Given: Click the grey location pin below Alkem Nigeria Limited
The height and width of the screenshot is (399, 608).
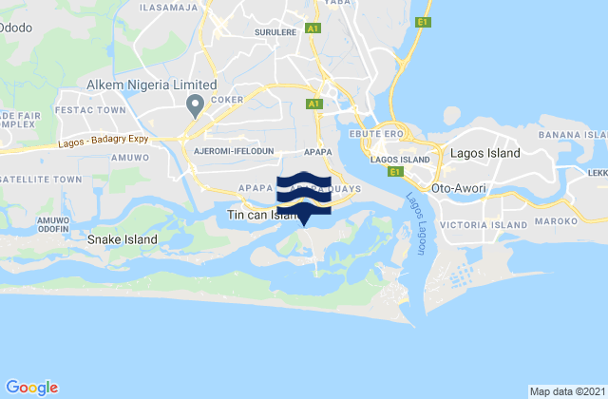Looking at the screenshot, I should [x=195, y=104].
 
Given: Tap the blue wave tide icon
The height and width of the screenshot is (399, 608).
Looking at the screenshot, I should [x=303, y=189].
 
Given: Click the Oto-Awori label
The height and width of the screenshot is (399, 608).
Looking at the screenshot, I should [x=459, y=188].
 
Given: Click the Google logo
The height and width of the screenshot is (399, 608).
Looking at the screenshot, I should [x=32, y=387].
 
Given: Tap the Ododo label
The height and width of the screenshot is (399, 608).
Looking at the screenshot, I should [x=16, y=28].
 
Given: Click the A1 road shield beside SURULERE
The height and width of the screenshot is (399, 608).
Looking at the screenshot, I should [x=313, y=30].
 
